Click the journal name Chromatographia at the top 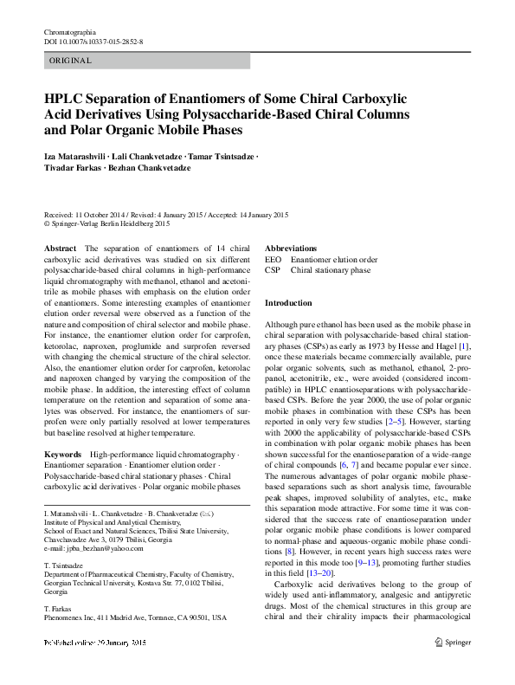pyautogui.click(x=69, y=31)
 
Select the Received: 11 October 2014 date pyautogui.click(x=94, y=215)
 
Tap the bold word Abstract pyautogui.click(x=61, y=249)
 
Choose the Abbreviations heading pyautogui.click(x=291, y=249)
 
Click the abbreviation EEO pyautogui.click(x=273, y=259)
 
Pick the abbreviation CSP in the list pyautogui.click(x=273, y=269)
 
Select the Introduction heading pyautogui.click(x=288, y=303)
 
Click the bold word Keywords pyautogui.click(x=63, y=455)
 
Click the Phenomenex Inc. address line pyautogui.click(x=134, y=617)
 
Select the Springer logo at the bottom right pyautogui.click(x=452, y=667)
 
